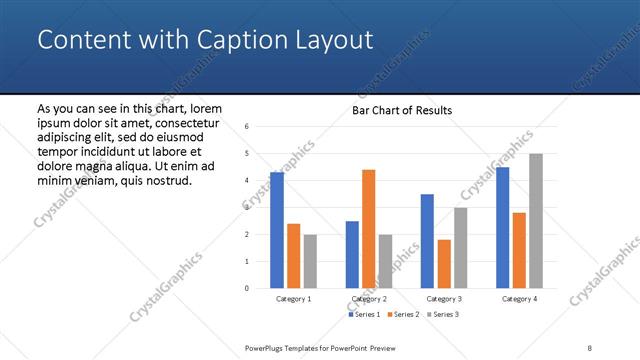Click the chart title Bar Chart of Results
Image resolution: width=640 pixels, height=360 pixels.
pos(402,110)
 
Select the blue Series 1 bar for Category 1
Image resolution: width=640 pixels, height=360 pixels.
pos(277,230)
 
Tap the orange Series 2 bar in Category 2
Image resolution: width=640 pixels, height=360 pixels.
pos(368,229)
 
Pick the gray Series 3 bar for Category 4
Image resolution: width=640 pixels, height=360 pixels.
pos(536,221)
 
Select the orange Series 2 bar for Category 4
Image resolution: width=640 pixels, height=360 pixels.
pos(519,250)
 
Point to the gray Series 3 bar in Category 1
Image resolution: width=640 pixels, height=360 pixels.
pos(310,261)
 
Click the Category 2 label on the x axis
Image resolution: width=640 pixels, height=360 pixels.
pos(369,299)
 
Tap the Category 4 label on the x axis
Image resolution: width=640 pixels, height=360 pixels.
pos(519,299)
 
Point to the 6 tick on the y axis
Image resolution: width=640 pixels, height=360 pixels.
pos(247,127)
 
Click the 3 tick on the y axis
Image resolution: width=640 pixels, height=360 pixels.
pos(247,208)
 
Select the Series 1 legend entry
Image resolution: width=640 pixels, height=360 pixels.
pos(364,315)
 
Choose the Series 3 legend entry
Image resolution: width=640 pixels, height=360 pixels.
pos(442,315)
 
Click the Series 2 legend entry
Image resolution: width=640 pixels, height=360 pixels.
pos(403,315)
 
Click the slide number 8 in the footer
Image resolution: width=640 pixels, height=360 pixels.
pos(590,347)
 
